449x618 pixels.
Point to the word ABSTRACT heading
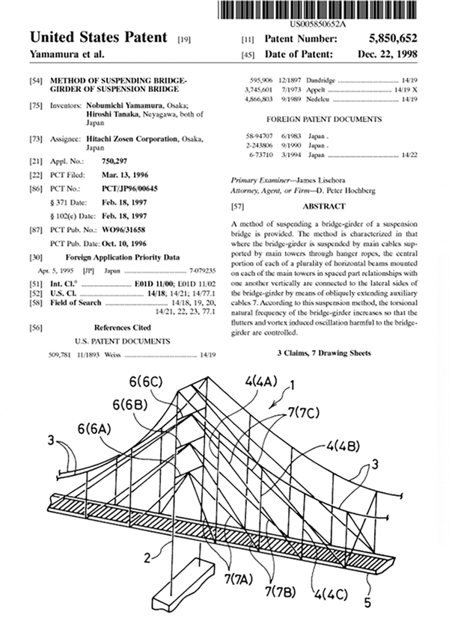pyautogui.click(x=323, y=206)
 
